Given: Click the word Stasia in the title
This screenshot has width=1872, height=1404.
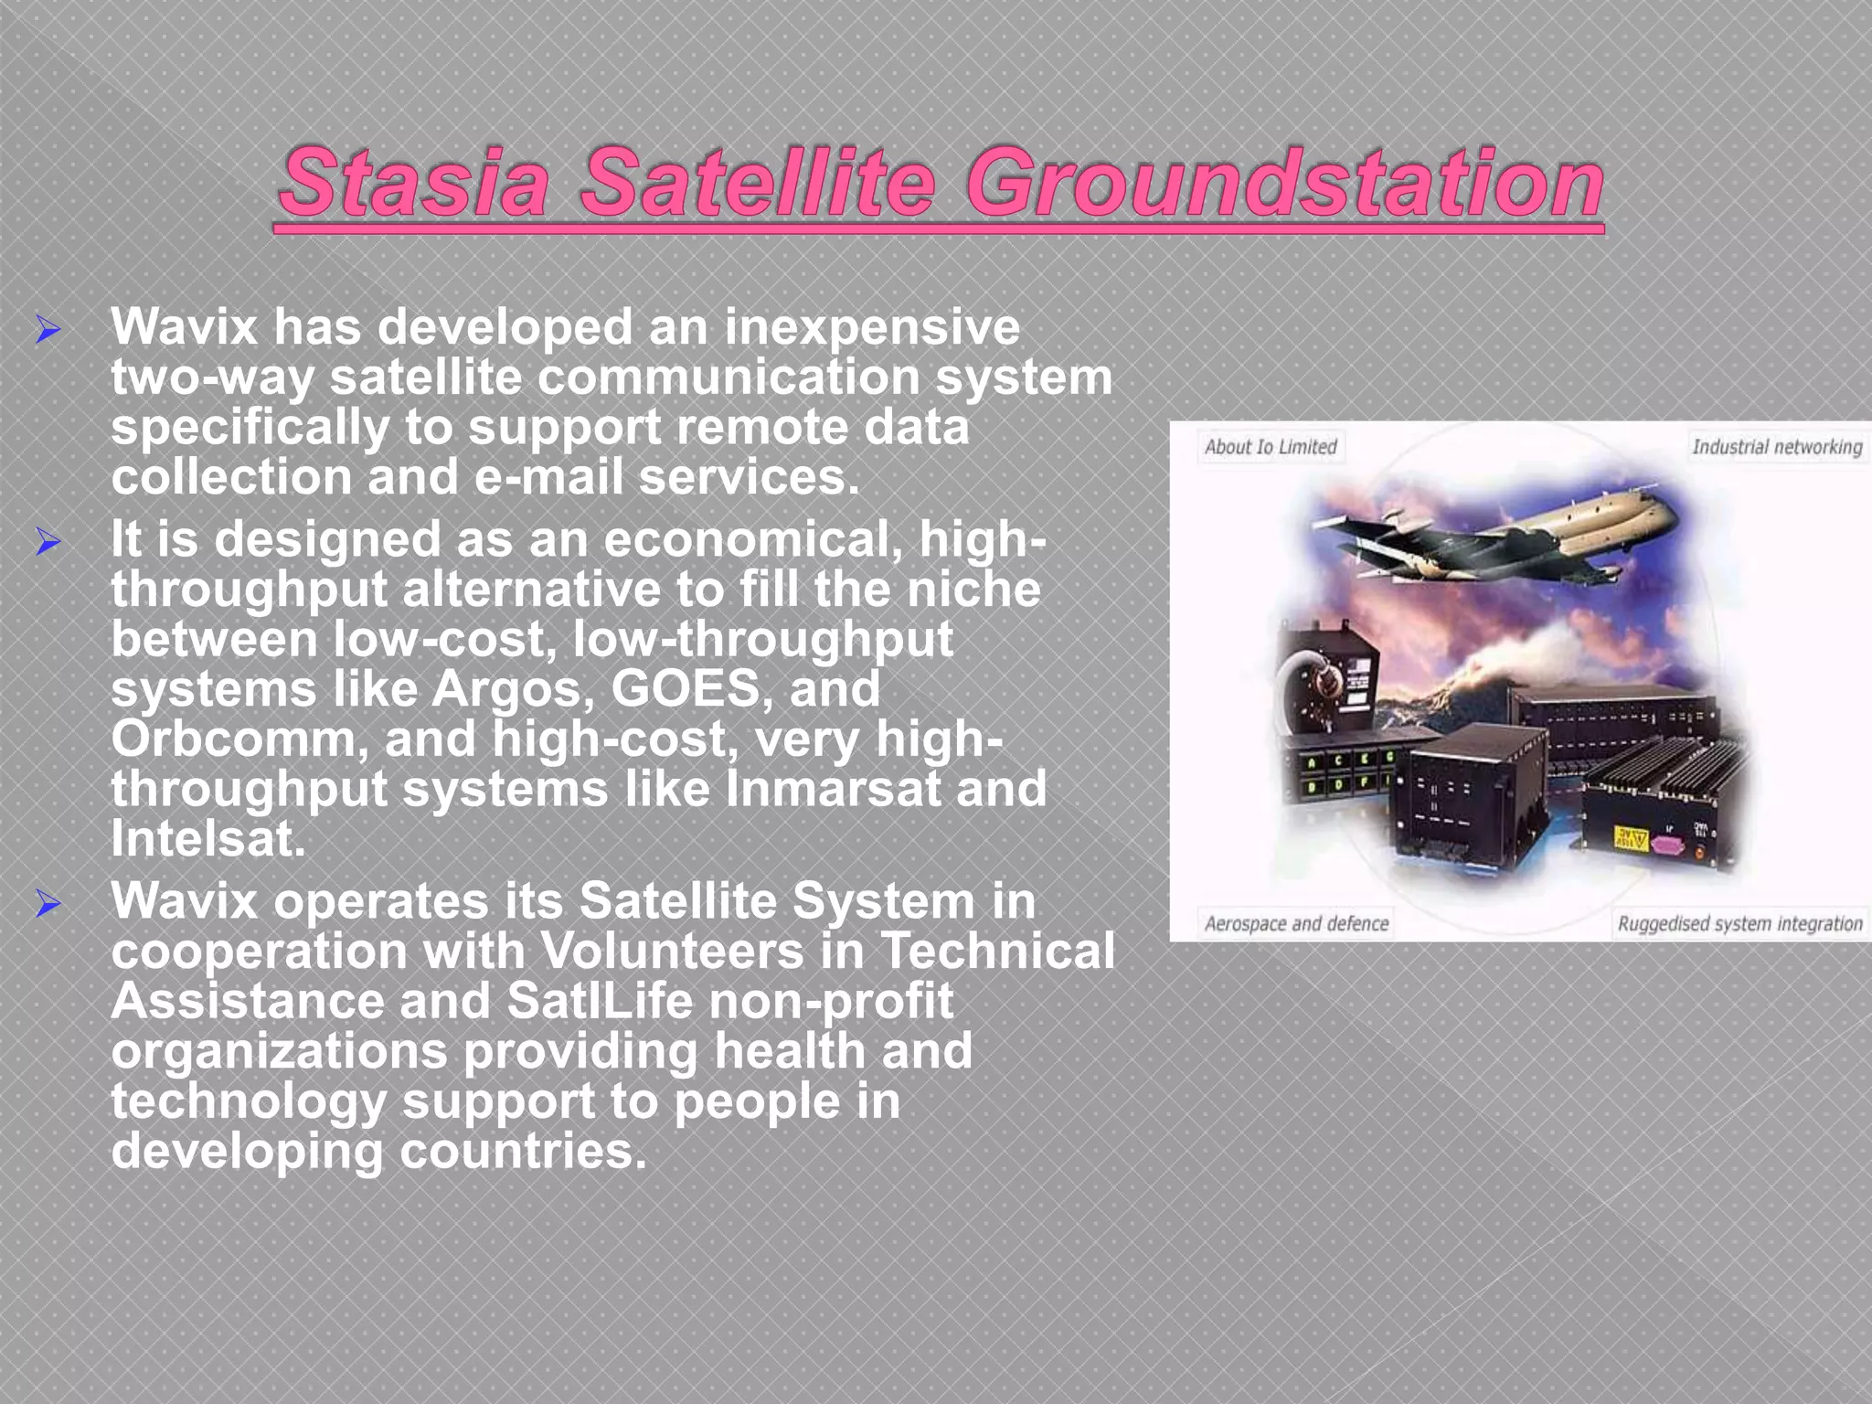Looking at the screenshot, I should coord(415,183).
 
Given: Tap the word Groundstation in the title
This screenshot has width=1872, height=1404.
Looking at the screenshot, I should coord(1284,183).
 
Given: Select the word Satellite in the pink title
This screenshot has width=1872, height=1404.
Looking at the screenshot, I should coord(758,183).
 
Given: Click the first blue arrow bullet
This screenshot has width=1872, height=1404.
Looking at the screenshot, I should coord(48,329).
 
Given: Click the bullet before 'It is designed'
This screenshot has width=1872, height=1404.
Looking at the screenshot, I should coord(48,542).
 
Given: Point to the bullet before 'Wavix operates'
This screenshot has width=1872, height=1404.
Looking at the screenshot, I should coord(48,904).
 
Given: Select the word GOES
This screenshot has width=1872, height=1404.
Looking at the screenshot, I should coord(685,688).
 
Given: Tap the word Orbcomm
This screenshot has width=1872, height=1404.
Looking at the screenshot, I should coord(239,739).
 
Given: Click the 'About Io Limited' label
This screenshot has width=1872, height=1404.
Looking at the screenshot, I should coord(1270,447).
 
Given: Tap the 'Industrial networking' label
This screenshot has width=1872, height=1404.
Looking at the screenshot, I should coord(1776,447).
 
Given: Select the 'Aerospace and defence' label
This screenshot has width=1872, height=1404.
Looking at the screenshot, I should coord(1295,924).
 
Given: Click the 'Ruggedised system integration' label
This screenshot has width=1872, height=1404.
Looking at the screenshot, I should coord(1739,924).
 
